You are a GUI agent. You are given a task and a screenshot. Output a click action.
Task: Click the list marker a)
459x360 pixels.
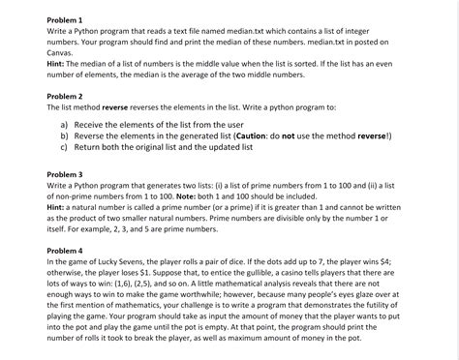click(65, 125)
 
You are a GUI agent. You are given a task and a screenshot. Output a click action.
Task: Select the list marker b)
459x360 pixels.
click(65, 136)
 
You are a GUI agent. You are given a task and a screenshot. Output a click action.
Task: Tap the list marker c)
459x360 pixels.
click(65, 148)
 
